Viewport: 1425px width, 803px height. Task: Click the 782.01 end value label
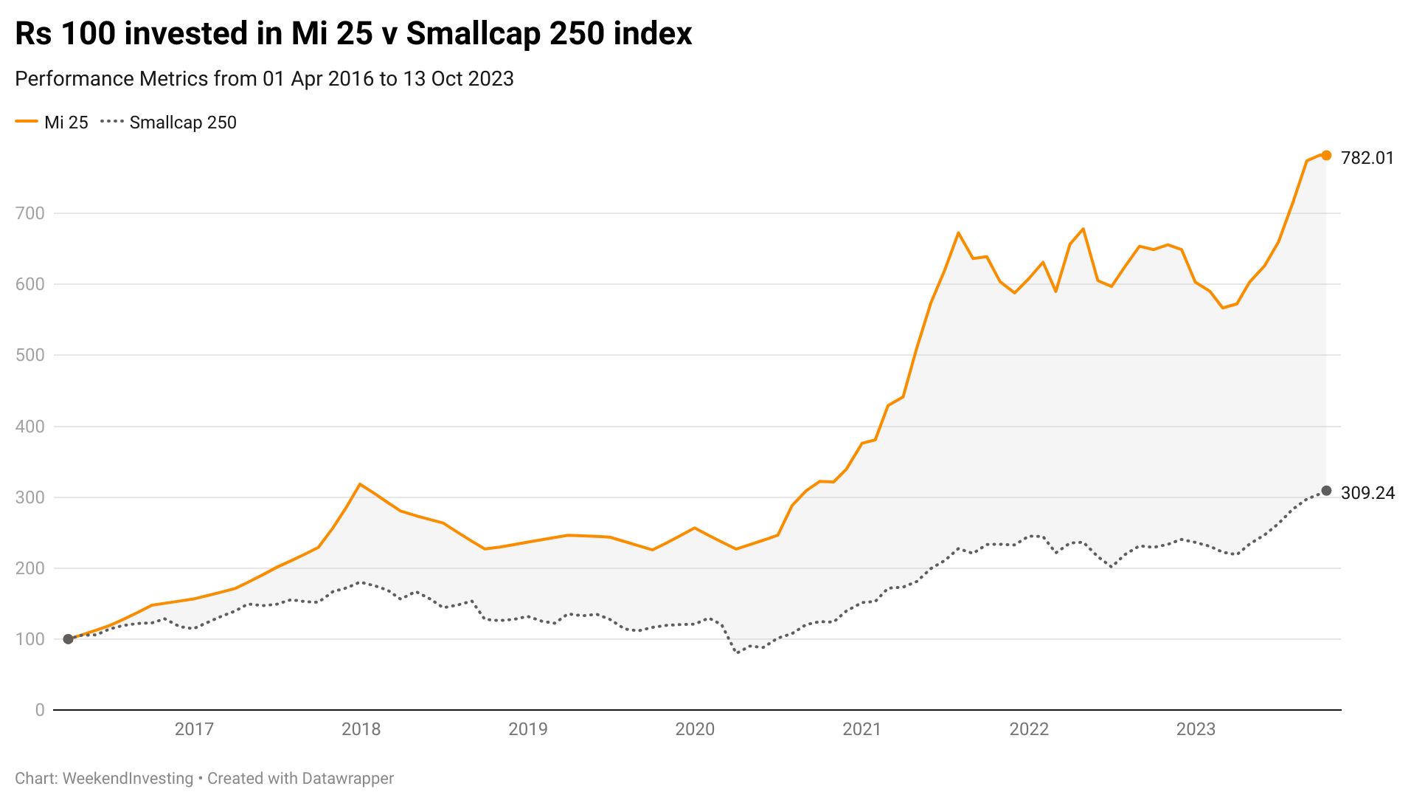pos(1367,158)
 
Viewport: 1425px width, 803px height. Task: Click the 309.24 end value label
pos(1367,493)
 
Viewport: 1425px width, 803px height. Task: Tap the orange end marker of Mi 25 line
pos(1325,156)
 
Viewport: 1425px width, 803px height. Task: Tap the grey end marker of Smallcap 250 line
pos(1325,491)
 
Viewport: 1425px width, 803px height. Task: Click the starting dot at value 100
pos(68,639)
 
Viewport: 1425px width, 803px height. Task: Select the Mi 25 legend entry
pos(52,123)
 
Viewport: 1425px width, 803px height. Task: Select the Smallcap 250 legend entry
pos(169,123)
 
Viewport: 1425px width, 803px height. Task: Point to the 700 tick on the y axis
pos(30,213)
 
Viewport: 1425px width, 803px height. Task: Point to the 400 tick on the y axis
pos(30,427)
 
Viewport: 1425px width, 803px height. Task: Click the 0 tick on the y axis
pos(40,710)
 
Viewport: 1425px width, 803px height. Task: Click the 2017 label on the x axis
pos(194,729)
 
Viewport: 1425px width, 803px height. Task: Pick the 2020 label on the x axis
pos(695,729)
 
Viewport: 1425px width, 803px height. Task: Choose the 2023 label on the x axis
pos(1196,729)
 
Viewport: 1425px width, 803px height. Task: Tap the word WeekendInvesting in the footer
pos(128,779)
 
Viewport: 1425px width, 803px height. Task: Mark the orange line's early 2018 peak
pos(360,484)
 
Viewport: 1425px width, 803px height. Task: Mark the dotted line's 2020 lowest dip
pos(737,652)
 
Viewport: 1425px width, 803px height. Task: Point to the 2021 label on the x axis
pos(861,729)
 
